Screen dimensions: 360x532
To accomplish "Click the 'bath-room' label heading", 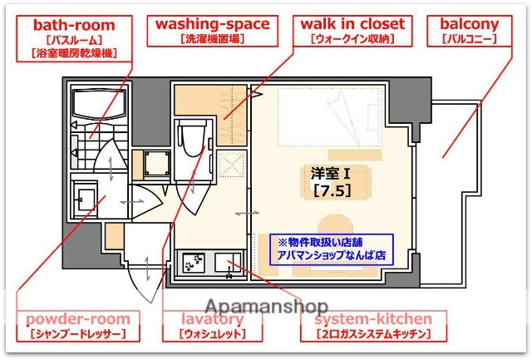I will (74, 25).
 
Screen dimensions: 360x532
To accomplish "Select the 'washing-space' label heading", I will (212, 24).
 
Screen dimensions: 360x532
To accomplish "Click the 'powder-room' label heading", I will (77, 319).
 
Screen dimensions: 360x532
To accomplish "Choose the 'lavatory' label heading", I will (212, 319).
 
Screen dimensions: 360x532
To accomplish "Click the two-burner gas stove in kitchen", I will (195, 265).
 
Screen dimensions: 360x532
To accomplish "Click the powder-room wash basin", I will (84, 200).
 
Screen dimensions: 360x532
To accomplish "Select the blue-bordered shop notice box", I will (332, 249).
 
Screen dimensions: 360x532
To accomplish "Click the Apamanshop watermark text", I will (266, 305).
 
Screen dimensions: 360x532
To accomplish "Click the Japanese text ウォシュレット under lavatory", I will (212, 334).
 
